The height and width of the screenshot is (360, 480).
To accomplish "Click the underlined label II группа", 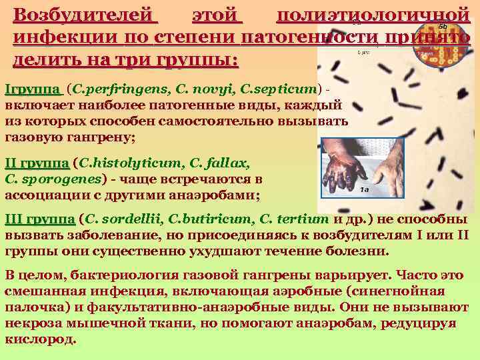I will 36,162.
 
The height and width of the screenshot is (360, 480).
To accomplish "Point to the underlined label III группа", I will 39,219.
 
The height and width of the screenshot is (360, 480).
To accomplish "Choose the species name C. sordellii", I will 123,219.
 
